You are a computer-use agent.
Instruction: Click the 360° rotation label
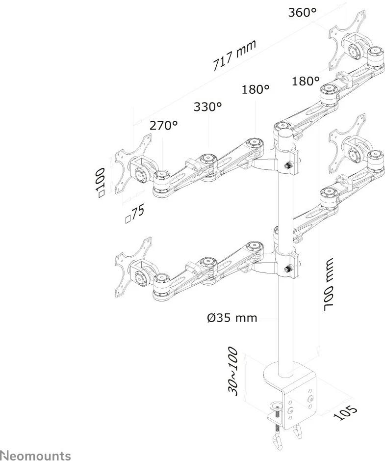pyautogui.click(x=302, y=13)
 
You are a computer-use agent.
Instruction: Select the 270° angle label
pyautogui.click(x=164, y=126)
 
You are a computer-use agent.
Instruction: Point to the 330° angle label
pyautogui.click(x=207, y=107)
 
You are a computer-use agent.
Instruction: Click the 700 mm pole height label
pyautogui.click(x=328, y=285)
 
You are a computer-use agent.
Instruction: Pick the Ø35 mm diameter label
pyautogui.click(x=231, y=318)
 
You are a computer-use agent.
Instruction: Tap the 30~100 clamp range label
pyautogui.click(x=232, y=371)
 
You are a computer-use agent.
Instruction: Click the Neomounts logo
pyautogui.click(x=35, y=456)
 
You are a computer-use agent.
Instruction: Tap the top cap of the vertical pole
pyautogui.click(x=285, y=134)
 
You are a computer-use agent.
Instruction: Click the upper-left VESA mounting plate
pyautogui.click(x=133, y=164)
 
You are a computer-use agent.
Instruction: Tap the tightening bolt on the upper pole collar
pyautogui.click(x=288, y=165)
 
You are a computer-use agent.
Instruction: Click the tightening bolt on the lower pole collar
pyautogui.click(x=288, y=268)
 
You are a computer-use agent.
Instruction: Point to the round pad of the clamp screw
pyautogui.click(x=277, y=407)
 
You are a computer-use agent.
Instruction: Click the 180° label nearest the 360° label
pyautogui.click(x=306, y=81)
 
